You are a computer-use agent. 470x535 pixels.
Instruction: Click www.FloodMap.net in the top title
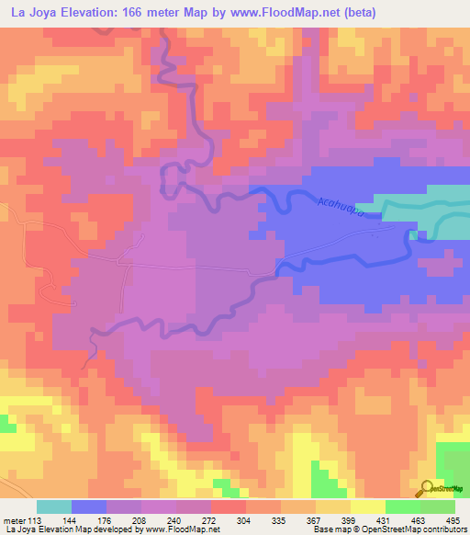coord(269,10)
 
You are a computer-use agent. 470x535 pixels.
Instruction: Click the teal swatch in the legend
coord(54,507)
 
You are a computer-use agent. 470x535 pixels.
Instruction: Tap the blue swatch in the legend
coord(89,507)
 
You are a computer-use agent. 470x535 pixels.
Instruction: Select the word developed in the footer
coord(116,529)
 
